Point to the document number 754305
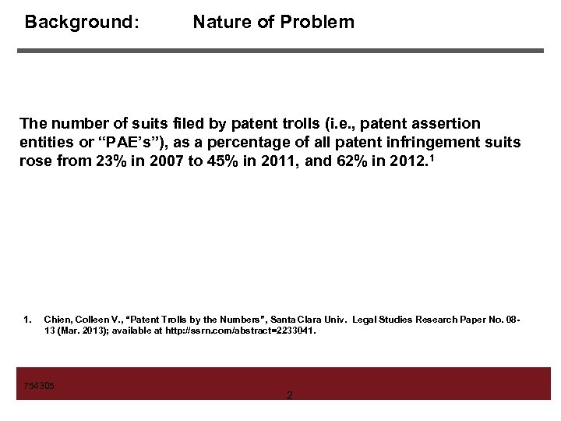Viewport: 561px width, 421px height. coord(39,386)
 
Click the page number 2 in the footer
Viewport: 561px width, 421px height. coord(290,396)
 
